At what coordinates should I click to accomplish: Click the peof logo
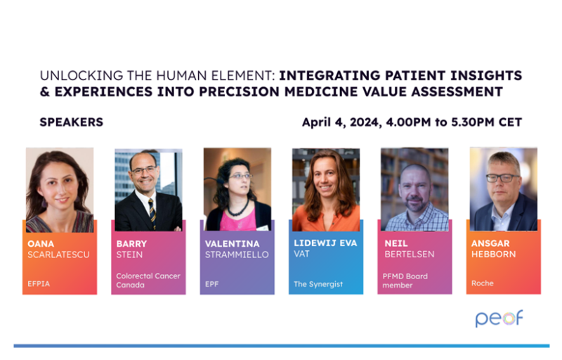499,318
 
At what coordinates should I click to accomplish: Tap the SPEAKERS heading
72,122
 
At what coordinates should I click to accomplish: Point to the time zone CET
510,122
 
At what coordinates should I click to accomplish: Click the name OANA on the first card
41,244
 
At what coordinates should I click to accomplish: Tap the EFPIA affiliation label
39,283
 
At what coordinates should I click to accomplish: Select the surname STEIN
129,255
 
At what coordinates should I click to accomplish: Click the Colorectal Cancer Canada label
148,281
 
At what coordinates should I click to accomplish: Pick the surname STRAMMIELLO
237,255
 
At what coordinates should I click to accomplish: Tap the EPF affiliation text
211,284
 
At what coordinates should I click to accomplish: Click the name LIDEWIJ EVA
325,243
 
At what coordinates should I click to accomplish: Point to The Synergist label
318,284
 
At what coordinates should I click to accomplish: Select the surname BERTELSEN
410,255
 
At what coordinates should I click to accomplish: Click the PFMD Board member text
405,281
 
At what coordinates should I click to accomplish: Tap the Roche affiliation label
483,283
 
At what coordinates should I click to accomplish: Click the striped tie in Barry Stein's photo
152,214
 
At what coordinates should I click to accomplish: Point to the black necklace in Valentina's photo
238,209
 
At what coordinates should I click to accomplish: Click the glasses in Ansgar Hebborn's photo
503,177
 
